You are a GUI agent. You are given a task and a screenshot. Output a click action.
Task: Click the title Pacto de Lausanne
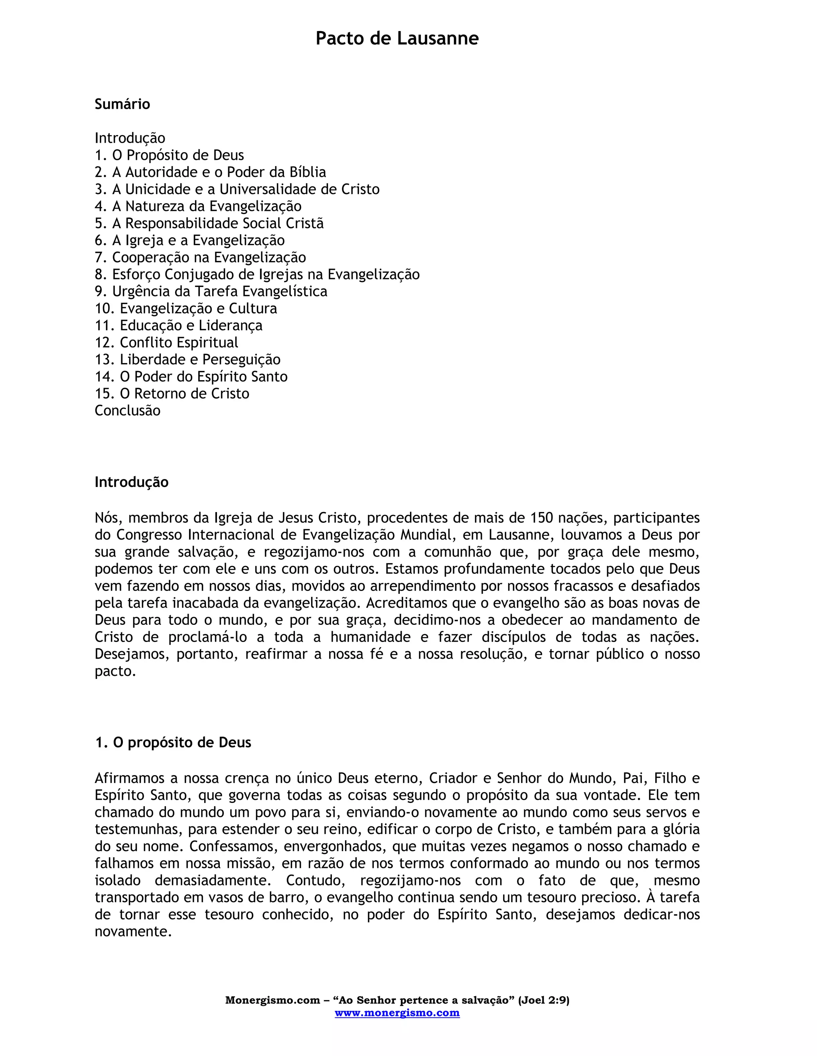[x=397, y=38]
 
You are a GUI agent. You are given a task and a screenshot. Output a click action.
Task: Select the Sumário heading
[x=122, y=104]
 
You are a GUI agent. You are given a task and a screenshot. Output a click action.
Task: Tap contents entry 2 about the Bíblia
[x=210, y=172]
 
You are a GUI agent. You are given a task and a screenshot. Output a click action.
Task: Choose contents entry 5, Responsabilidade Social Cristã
[x=209, y=224]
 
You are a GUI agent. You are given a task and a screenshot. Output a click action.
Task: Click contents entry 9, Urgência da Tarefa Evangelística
[x=211, y=292]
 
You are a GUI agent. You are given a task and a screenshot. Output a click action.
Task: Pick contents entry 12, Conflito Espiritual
[x=166, y=342]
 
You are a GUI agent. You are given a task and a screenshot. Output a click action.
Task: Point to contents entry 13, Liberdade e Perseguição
[x=187, y=360]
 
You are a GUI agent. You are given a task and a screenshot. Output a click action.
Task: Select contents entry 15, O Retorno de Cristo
[x=172, y=394]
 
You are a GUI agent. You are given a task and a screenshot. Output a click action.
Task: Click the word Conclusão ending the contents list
[x=127, y=410]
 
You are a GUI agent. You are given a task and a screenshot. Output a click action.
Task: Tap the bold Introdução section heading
[x=132, y=482]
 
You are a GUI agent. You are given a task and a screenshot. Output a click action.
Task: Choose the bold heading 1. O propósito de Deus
[x=173, y=743]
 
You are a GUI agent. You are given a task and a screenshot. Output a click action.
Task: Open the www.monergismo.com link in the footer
[x=397, y=1013]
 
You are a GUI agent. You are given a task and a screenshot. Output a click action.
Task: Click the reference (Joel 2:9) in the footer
[x=544, y=1000]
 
